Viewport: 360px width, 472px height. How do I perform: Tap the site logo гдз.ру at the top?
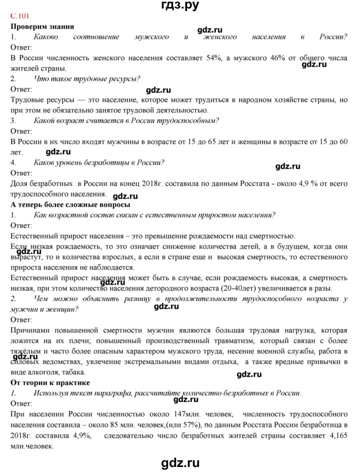(179, 6)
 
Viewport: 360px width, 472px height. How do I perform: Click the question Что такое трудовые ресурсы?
(86, 78)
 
